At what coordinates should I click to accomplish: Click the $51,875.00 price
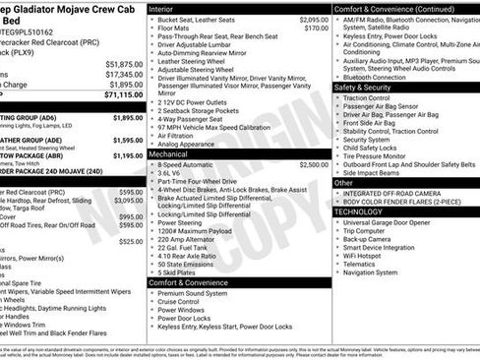(124, 63)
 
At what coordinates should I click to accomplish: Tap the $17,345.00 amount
(124, 74)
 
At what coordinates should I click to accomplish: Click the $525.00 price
(131, 241)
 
